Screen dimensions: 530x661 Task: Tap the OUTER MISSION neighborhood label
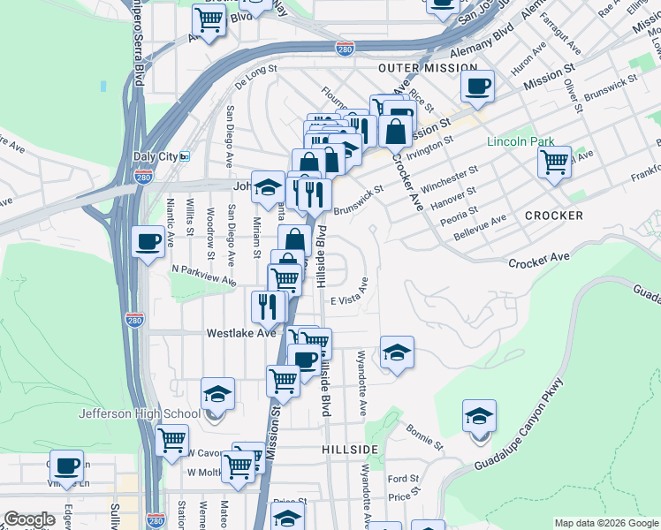pos(414,68)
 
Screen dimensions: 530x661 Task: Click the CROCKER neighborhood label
pos(554,216)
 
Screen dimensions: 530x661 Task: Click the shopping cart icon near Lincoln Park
pos(554,162)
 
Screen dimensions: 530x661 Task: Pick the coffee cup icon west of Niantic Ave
pos(148,241)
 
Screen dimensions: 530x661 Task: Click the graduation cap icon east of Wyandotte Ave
pos(397,353)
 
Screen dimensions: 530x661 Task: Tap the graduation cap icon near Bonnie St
pos(479,416)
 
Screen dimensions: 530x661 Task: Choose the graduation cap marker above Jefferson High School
pos(217,394)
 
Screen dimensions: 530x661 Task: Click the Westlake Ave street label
pos(241,334)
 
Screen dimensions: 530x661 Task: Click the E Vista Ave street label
pos(349,298)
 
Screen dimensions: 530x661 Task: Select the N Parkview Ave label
pos(204,275)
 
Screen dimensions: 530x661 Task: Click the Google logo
pos(29,519)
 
